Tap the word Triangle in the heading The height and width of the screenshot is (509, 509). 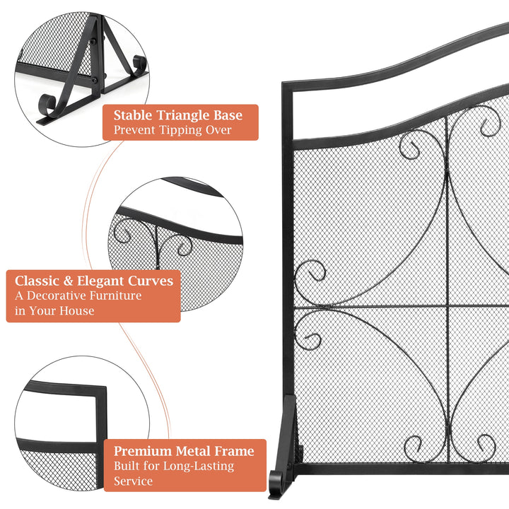pos(180,116)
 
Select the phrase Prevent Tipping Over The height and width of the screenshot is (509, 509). pos(172,130)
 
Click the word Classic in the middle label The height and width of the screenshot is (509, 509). pos(37,281)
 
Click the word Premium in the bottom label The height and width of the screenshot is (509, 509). pos(144,450)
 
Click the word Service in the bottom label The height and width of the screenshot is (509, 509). pos(133,481)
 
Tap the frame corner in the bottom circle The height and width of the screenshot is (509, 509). pos(102,390)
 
